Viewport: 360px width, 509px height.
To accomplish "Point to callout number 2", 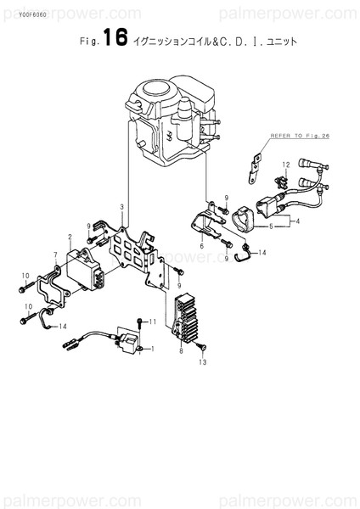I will [69, 237].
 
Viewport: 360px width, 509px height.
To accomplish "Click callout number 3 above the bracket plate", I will [122, 207].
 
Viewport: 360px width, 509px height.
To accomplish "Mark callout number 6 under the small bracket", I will [202, 244].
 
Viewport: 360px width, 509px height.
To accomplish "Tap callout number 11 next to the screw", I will [154, 323].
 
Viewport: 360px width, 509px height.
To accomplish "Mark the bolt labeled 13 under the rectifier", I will [201, 350].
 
